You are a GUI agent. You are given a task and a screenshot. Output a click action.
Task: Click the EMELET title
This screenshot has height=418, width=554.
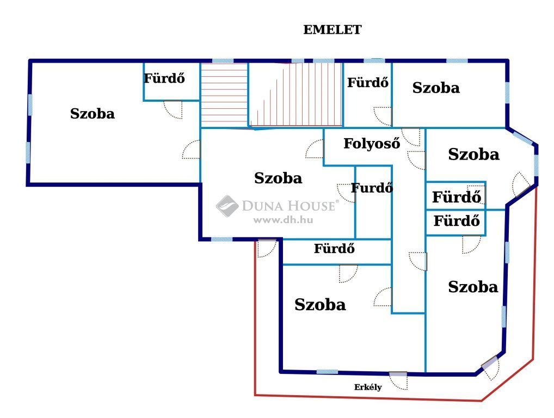coord(332,30)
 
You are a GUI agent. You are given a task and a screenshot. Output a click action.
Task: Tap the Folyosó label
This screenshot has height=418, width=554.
coord(372,144)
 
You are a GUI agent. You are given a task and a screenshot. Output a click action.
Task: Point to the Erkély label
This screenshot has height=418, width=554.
coord(368,388)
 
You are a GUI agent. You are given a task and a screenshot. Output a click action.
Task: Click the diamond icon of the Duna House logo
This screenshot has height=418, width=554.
coord(227,206)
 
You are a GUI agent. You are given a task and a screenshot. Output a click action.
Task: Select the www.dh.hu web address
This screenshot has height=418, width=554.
coord(283,220)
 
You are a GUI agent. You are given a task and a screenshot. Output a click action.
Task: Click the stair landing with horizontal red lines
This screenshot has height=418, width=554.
coord(224,95)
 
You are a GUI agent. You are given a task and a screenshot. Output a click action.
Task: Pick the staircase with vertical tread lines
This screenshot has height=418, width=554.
coord(296,94)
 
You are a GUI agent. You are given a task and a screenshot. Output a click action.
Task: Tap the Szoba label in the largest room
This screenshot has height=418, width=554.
coord(92,114)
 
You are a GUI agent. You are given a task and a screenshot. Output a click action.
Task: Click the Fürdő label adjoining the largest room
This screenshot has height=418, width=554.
coord(164,78)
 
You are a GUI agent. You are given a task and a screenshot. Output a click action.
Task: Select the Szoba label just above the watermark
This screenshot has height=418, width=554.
coord(278,178)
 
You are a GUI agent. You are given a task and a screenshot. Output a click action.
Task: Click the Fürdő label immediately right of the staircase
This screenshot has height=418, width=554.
coord(368,82)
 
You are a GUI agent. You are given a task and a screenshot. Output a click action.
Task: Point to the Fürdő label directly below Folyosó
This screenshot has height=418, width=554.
coord(372,188)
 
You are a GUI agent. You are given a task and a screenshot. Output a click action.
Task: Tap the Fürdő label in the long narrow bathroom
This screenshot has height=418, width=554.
coord(334,248)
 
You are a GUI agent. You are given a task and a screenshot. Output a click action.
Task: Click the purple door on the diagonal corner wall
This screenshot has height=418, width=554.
coord(489,363)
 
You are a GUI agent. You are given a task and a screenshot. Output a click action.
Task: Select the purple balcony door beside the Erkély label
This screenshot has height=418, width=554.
coord(398,373)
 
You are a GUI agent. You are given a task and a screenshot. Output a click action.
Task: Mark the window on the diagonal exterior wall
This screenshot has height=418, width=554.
coord(522,138)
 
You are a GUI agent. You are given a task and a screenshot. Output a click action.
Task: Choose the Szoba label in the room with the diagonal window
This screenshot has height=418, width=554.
coord(473,155)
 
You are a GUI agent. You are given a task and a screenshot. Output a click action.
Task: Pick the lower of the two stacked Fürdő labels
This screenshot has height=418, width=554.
coord(457,221)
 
